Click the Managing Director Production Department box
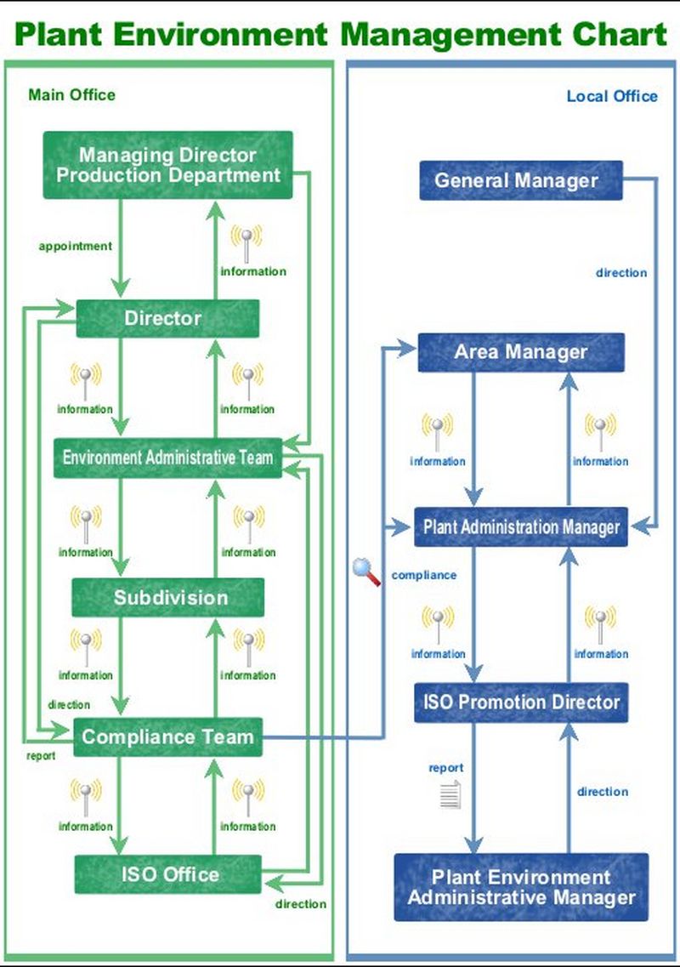point(167,165)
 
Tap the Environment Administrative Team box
point(167,458)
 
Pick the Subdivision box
point(167,597)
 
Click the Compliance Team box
point(167,737)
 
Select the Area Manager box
point(520,352)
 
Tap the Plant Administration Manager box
point(520,527)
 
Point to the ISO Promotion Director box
point(520,702)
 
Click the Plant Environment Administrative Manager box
point(520,887)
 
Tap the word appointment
point(75,247)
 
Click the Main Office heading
point(71,94)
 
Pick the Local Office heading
point(612,96)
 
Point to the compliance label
point(423,576)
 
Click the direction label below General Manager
point(620,273)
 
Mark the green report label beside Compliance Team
point(41,755)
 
